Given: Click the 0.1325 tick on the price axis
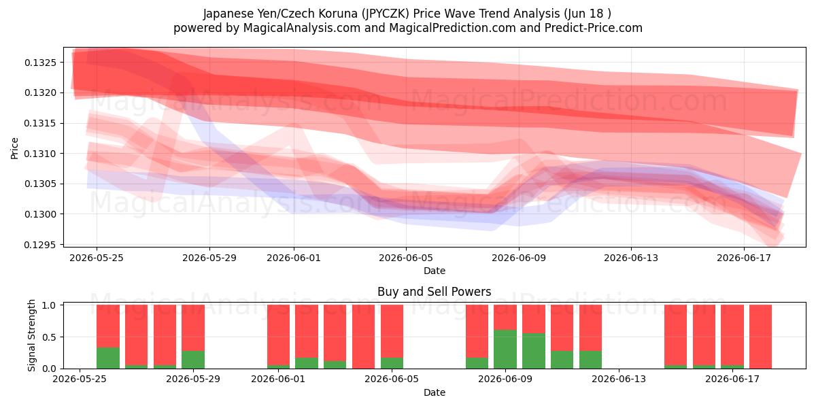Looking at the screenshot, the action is (x=40, y=63).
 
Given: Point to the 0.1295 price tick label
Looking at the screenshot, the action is (x=40, y=245).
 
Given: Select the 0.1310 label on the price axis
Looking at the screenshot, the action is (x=40, y=154).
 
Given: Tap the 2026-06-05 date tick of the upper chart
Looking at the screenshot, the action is (x=406, y=258).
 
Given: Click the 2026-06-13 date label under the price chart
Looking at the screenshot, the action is (x=631, y=258).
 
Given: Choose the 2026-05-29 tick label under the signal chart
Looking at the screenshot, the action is (x=193, y=379).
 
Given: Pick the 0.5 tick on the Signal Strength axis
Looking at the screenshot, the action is (x=49, y=337).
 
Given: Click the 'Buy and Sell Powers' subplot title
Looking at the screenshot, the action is (x=435, y=292).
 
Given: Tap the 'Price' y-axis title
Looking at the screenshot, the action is (x=14, y=148).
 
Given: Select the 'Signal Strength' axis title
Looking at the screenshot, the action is (x=31, y=335).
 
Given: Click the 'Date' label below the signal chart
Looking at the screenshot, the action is (x=435, y=392).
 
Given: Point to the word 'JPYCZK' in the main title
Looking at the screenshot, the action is (x=386, y=14).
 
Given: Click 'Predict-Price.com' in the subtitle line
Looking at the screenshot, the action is (x=594, y=28).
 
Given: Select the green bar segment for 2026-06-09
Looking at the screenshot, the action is (x=505, y=349).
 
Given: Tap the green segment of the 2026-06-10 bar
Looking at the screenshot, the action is (x=534, y=350).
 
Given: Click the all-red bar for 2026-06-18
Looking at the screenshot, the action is (x=761, y=337).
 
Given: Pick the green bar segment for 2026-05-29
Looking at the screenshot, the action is (x=193, y=360).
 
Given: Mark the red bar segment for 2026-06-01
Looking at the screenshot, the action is (x=278, y=335).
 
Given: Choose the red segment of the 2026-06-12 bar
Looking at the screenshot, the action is (x=590, y=328).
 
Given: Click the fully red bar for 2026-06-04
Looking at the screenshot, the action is (x=364, y=337).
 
